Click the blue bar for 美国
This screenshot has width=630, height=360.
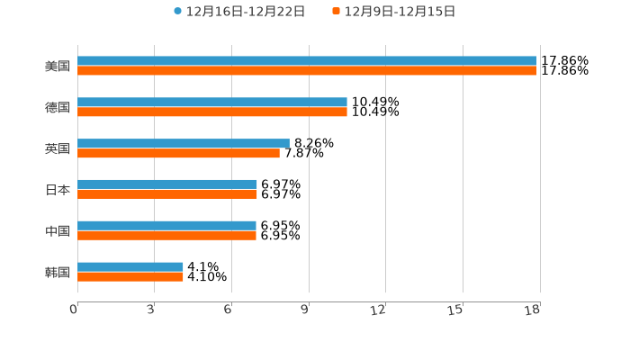click(x=306, y=61)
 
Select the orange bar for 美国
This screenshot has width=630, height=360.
click(x=306, y=71)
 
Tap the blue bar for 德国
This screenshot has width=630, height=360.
click(x=211, y=103)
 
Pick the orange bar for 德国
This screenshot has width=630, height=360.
click(x=211, y=112)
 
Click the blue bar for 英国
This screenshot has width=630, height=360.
click(x=183, y=143)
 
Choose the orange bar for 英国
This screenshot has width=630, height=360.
click(x=178, y=154)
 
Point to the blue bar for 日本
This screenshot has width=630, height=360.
click(x=166, y=184)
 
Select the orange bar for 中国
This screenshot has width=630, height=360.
click(x=166, y=236)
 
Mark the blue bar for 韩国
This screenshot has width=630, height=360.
click(x=130, y=267)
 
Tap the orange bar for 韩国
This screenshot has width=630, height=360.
click(x=130, y=277)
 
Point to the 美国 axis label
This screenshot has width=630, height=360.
click(x=58, y=67)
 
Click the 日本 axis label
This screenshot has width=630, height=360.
click(x=58, y=190)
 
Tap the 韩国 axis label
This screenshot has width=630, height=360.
click(x=58, y=273)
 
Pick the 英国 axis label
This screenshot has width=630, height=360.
click(x=58, y=149)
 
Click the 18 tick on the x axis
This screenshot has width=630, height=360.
click(x=533, y=310)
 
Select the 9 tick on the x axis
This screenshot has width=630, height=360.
click(x=304, y=310)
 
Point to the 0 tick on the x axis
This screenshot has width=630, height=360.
click(x=74, y=310)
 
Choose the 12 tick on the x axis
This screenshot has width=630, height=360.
click(x=379, y=310)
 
